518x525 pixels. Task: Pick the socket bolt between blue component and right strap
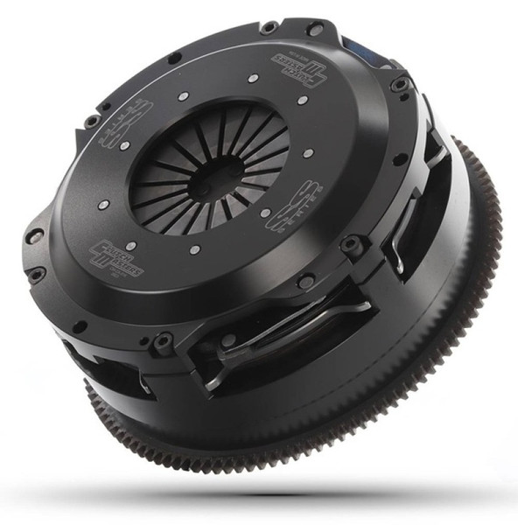point(400,85)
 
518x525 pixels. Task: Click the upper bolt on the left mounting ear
point(35,235)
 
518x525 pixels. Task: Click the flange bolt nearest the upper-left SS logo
point(92,119)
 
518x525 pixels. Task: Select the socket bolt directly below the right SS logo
point(306,282)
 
